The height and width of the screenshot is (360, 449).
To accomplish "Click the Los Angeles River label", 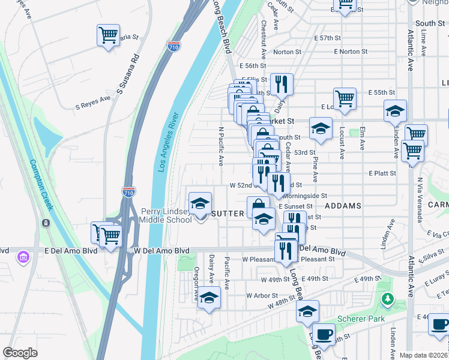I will [x=169, y=142].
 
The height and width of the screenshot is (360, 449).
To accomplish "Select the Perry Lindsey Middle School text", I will [x=166, y=215].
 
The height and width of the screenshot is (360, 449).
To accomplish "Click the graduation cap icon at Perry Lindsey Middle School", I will [x=200, y=203].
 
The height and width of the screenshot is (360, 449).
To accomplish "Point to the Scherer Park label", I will [x=361, y=319].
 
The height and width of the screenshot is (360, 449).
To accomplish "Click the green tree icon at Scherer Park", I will [x=388, y=298].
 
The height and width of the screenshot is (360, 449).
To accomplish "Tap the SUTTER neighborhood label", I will [x=228, y=214].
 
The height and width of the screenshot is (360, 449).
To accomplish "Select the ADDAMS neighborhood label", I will [x=343, y=206].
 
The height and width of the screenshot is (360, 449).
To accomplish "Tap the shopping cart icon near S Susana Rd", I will [x=108, y=36].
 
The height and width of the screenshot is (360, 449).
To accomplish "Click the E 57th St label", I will [x=328, y=38].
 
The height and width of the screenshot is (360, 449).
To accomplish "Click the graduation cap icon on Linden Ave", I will [x=395, y=112].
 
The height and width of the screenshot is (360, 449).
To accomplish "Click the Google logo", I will [x=20, y=353].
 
